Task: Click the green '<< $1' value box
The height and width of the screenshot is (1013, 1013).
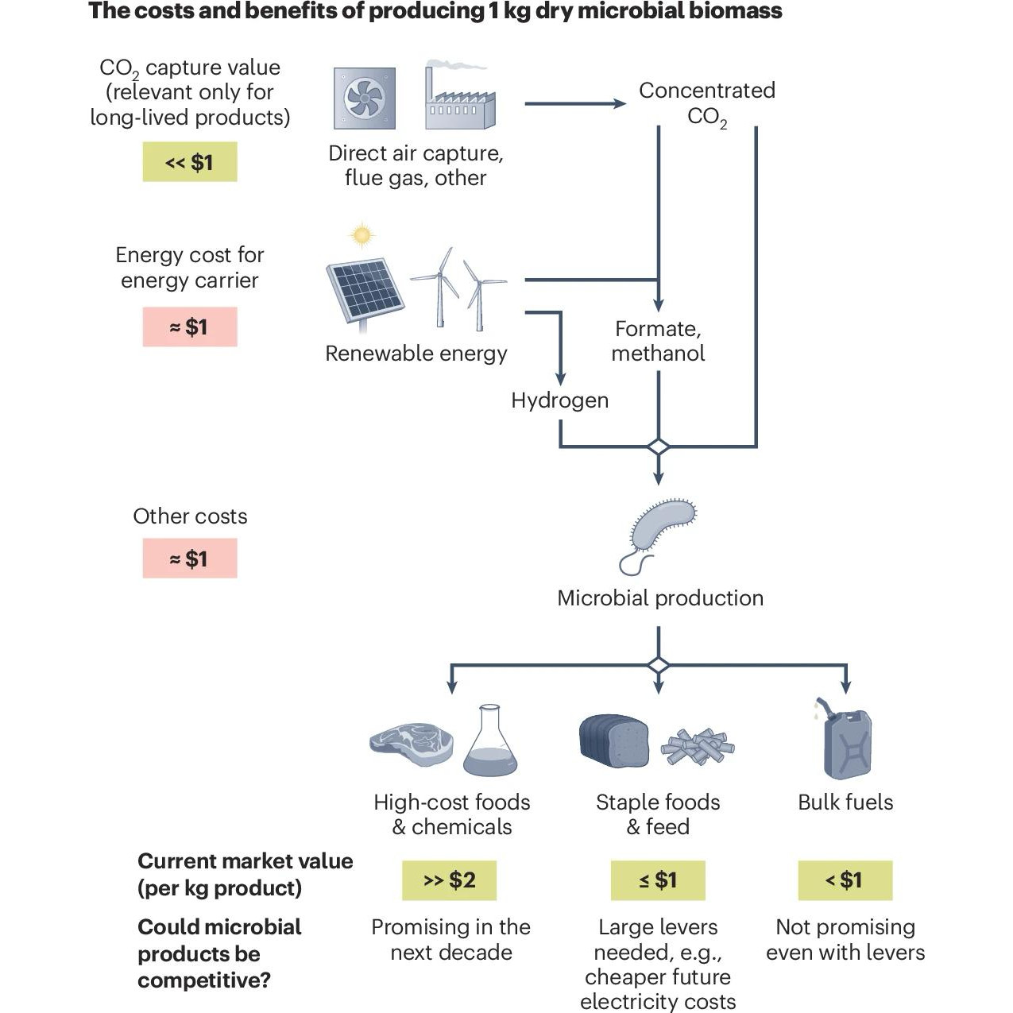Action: coord(190,162)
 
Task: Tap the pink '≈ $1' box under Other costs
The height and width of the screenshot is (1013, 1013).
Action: coord(190,559)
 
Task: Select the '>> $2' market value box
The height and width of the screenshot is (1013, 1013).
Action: coord(449,880)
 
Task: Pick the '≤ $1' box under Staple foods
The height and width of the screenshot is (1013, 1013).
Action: coord(658,880)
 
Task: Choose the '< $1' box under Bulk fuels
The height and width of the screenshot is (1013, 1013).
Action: coord(845,880)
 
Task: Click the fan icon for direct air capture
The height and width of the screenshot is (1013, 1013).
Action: coord(365,99)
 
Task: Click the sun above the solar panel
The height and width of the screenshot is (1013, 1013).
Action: coord(362,235)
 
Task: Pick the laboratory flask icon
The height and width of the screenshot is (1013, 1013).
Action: coord(490,741)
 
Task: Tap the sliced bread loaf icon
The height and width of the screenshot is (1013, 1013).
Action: coord(613,738)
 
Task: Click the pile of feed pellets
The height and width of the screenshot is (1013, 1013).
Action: coord(698,746)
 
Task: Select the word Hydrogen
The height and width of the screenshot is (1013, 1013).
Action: coord(559,400)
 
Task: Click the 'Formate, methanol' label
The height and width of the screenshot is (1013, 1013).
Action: coord(658,341)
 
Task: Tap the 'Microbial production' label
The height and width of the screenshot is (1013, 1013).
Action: coord(659,598)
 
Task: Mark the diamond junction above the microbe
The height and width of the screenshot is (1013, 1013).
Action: coord(658,447)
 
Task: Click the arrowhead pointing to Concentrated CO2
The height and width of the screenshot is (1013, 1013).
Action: coord(619,103)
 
